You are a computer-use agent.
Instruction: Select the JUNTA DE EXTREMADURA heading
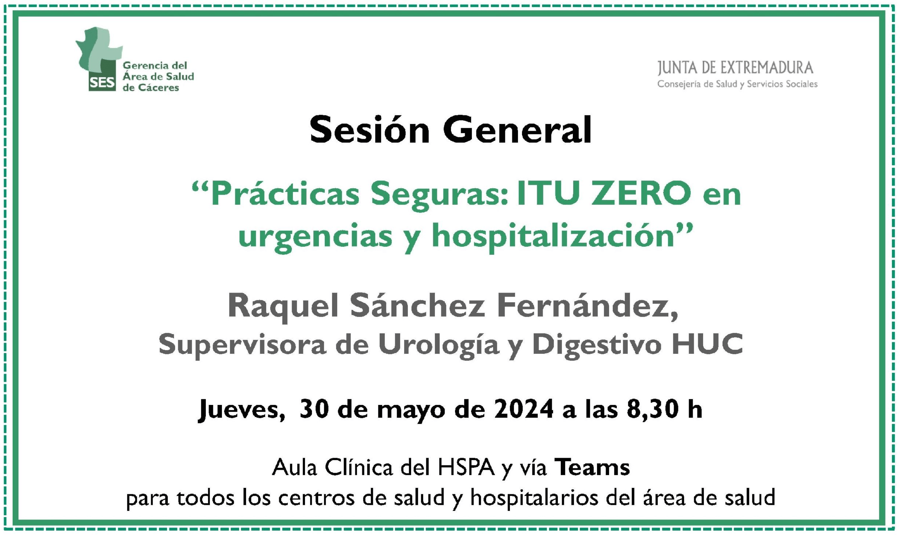[736, 68]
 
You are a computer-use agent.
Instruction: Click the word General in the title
[517, 130]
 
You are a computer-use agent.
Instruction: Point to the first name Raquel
[283, 307]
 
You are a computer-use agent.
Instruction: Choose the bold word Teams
[592, 468]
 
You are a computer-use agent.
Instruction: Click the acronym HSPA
[466, 468]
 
